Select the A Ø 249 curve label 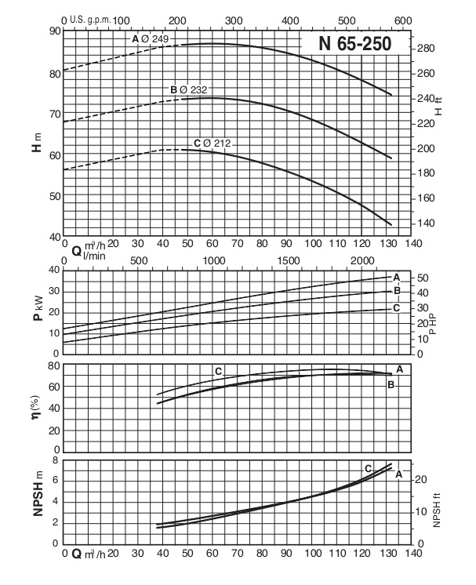[150, 38]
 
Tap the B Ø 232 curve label [188, 90]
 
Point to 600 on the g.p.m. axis [402, 20]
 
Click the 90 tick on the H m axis [55, 31]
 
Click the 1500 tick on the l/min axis [288, 260]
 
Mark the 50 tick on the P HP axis [424, 278]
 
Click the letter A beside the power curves [397, 278]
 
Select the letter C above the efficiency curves [219, 370]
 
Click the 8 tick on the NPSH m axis [55, 460]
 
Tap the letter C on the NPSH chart [368, 468]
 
